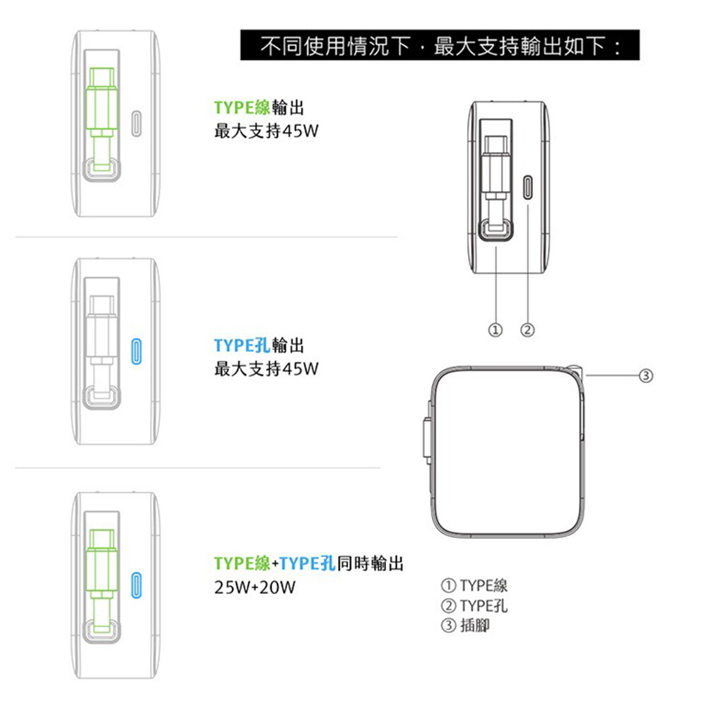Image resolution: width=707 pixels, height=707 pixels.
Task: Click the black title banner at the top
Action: click(x=440, y=45)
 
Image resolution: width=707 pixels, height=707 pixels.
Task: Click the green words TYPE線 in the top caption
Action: click(x=242, y=107)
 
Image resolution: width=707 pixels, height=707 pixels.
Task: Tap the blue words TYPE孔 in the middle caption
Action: click(x=242, y=346)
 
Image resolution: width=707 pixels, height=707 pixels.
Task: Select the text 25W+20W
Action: click(x=255, y=587)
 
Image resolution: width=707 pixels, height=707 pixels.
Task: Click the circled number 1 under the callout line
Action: click(x=496, y=330)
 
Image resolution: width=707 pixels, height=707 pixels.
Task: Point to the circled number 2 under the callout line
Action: click(x=527, y=330)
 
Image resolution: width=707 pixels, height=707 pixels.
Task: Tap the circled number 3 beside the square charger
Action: click(x=646, y=375)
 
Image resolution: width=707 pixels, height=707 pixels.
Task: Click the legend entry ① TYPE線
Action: click(x=474, y=585)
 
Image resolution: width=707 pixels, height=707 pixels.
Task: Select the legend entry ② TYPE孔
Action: click(x=474, y=605)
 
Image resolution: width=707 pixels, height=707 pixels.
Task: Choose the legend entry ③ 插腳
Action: click(x=465, y=625)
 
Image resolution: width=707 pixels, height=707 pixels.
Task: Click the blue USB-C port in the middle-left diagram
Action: click(x=136, y=351)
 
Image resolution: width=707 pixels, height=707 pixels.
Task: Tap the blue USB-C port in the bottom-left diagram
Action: click(x=136, y=585)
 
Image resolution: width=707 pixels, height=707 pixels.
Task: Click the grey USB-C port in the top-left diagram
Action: click(x=136, y=123)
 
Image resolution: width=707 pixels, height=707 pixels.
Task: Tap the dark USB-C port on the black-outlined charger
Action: click(x=527, y=187)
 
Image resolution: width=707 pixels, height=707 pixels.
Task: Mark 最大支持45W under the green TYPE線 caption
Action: click(x=266, y=132)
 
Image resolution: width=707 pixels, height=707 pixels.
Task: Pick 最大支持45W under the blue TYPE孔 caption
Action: click(x=266, y=369)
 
